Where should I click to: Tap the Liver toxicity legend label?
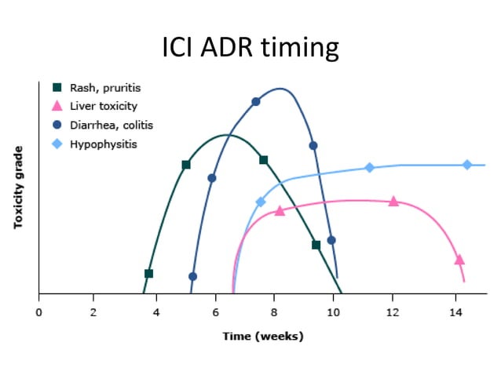pyautogui.click(x=103, y=106)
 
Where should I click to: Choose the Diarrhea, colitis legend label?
pyautogui.click(x=111, y=125)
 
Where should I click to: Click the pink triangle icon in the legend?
pyautogui.click(x=57, y=106)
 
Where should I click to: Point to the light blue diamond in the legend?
pyautogui.click(x=57, y=144)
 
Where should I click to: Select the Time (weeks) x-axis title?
pyautogui.click(x=262, y=336)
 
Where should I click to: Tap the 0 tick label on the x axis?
pyautogui.click(x=38, y=312)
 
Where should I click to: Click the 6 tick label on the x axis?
pyautogui.click(x=215, y=312)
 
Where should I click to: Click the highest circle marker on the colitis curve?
pyautogui.click(x=255, y=101)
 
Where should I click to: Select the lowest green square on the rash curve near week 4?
pyautogui.click(x=148, y=273)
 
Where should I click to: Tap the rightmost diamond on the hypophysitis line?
pyautogui.click(x=466, y=165)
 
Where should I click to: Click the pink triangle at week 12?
pyautogui.click(x=393, y=202)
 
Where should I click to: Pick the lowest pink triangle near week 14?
pyautogui.click(x=459, y=260)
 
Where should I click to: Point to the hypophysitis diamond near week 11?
pyautogui.click(x=369, y=168)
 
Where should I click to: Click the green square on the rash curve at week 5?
pyautogui.click(x=186, y=165)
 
